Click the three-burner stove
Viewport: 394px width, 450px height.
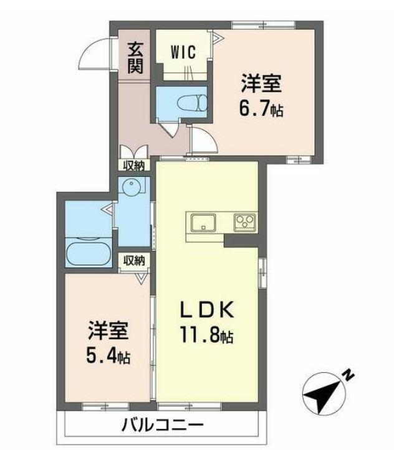[x=244, y=222]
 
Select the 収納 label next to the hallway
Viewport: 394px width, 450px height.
[x=133, y=165]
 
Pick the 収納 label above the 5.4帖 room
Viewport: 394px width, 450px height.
[x=133, y=260]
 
